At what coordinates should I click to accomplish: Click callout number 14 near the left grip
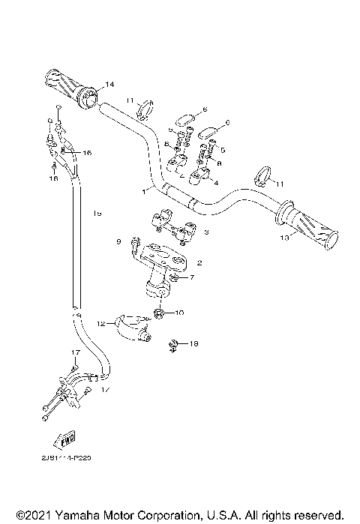click(x=110, y=83)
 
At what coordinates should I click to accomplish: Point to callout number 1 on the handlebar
click(x=144, y=192)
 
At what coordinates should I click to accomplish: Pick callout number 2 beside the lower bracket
click(x=199, y=263)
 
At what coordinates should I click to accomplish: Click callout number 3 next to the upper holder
click(x=205, y=232)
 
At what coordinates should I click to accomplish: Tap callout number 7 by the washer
click(x=191, y=278)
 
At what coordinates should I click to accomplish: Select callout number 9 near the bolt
click(x=118, y=241)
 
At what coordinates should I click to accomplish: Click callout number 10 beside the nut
click(x=179, y=312)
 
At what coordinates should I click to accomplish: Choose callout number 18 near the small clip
click(x=193, y=343)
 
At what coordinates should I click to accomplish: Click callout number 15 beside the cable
click(x=98, y=214)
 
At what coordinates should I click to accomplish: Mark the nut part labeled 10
click(x=160, y=313)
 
